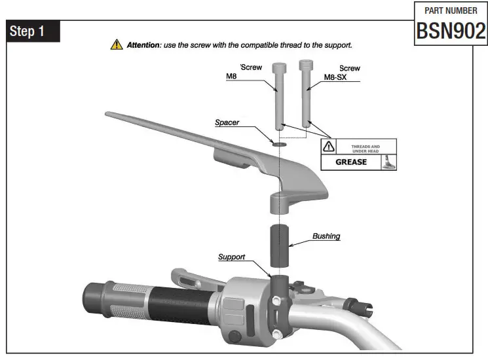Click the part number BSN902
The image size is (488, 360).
click(451, 30)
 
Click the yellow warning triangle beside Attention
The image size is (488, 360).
click(116, 45)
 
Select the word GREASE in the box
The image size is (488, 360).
click(351, 162)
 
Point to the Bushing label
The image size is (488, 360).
click(326, 236)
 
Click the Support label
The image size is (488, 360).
click(231, 257)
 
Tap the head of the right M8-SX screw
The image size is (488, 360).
click(306, 65)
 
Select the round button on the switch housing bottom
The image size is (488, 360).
click(234, 336)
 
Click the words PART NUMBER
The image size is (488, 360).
click(451, 10)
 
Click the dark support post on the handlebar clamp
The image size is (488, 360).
click(280, 286)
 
